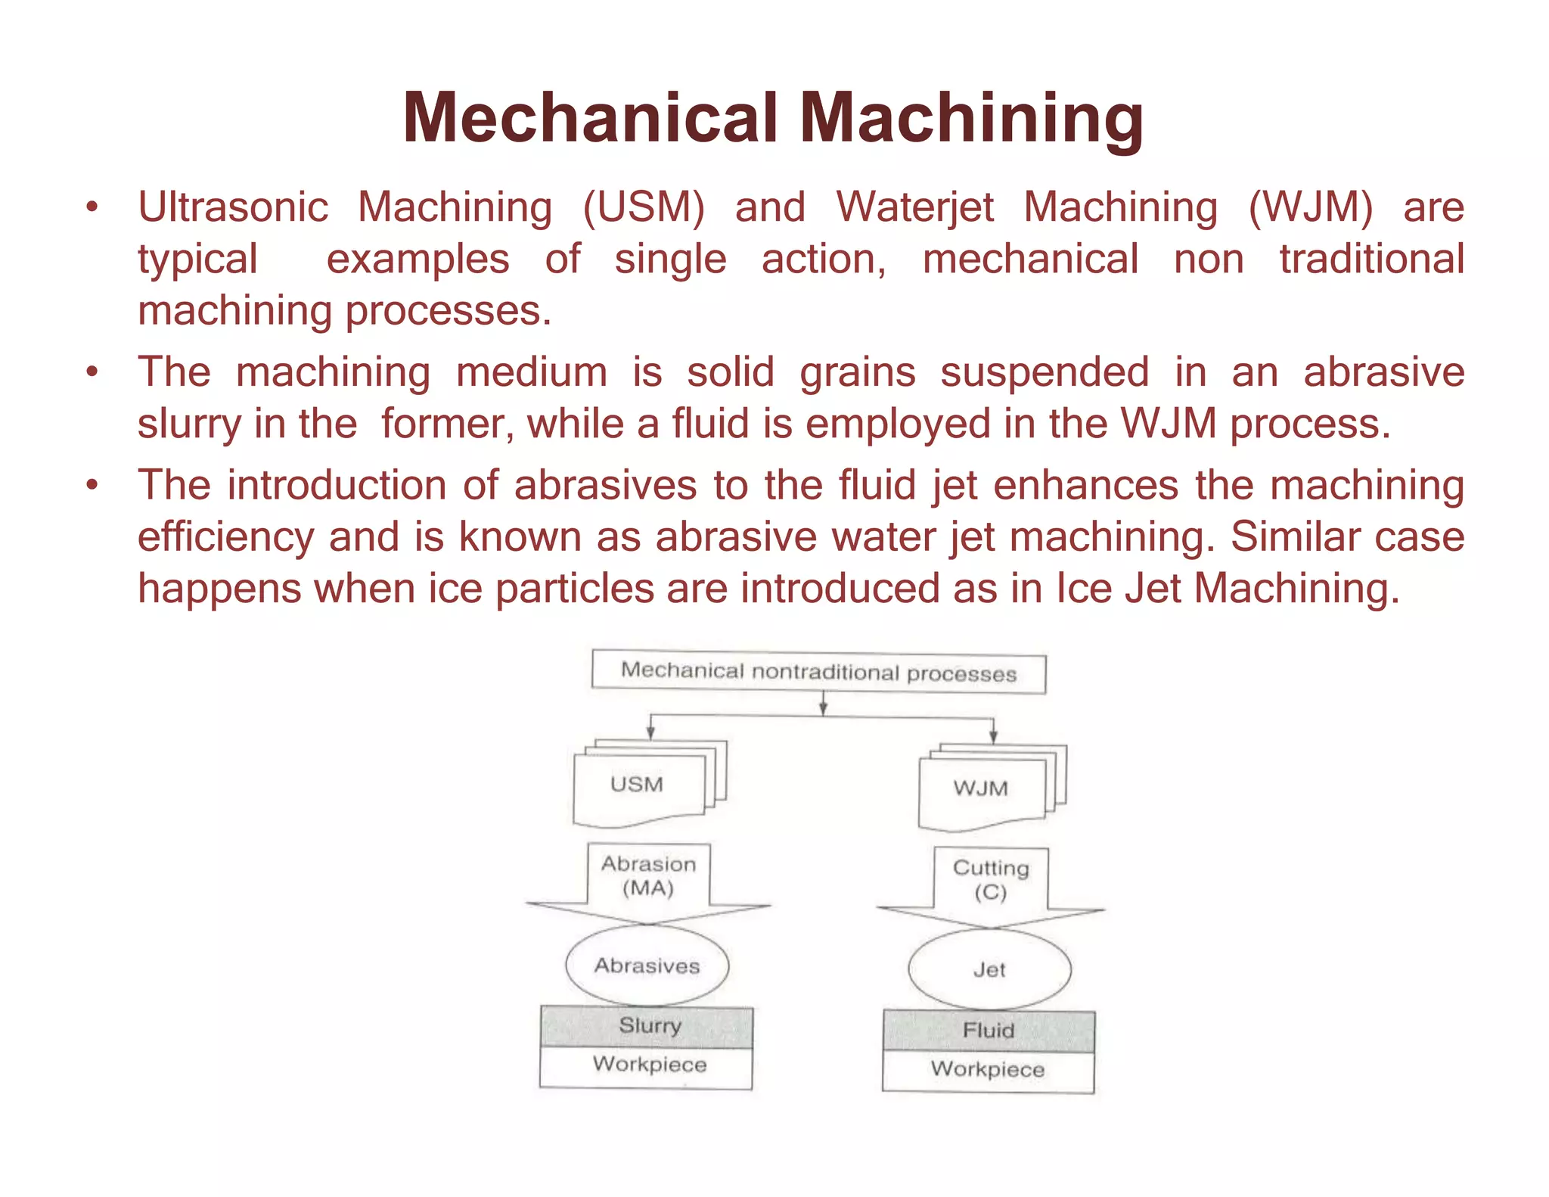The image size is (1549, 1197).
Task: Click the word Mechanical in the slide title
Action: click(x=591, y=118)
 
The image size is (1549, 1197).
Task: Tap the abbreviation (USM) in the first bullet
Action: click(x=644, y=207)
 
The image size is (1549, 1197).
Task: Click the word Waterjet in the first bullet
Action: click(x=914, y=207)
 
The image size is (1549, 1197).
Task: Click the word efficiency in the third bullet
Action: click(x=225, y=537)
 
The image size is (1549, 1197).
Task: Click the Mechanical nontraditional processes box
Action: click(x=818, y=672)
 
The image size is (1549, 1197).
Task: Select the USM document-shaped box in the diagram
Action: click(x=638, y=785)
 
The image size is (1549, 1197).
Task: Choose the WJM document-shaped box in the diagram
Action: click(x=981, y=789)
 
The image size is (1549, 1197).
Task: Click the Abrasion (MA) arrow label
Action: click(x=648, y=876)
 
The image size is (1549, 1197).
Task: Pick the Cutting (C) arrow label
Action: click(x=991, y=880)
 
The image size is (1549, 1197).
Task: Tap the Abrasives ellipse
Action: click(x=647, y=966)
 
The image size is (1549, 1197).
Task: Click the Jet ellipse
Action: click(x=989, y=970)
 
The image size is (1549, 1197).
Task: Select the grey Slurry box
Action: click(x=647, y=1027)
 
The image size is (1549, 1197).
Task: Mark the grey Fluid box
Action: click(x=989, y=1031)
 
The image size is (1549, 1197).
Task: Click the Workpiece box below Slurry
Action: click(x=647, y=1066)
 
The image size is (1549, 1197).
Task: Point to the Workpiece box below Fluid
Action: click(x=988, y=1071)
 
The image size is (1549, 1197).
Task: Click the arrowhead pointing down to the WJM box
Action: click(x=993, y=736)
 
